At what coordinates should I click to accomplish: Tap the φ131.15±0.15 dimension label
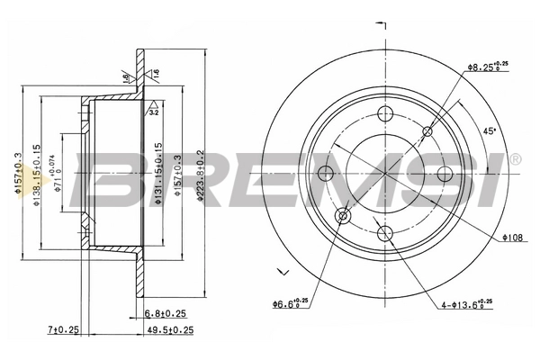(x=158, y=171)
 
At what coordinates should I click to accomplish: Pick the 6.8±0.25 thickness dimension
(x=165, y=313)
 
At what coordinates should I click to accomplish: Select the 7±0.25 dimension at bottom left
(x=64, y=331)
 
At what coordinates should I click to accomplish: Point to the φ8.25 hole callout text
(x=485, y=66)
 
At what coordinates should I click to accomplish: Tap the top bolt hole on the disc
(x=386, y=112)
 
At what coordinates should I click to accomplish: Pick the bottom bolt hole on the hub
(x=386, y=233)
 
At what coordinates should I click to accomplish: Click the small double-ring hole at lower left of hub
(x=343, y=216)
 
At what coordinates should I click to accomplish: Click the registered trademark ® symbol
(x=514, y=160)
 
